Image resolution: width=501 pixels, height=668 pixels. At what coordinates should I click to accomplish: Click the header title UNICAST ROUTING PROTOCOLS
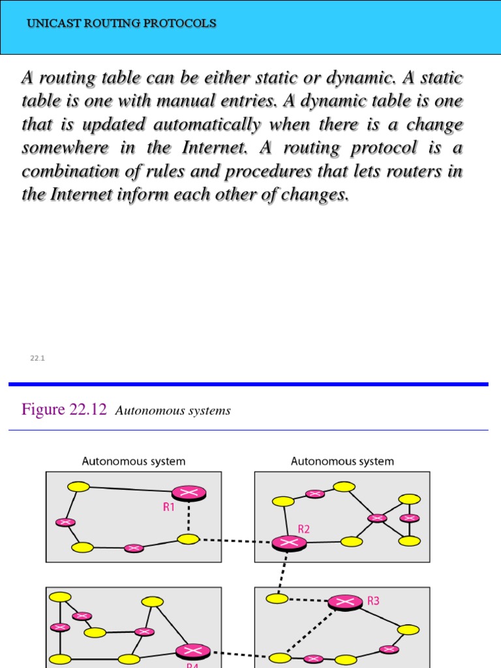point(121,23)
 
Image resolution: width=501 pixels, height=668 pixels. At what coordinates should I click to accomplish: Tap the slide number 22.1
point(37,358)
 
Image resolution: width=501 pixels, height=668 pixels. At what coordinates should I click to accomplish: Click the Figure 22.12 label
point(64,410)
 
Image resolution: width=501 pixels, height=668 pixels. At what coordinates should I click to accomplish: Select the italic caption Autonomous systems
point(173,411)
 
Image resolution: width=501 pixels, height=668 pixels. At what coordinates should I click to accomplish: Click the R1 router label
point(169,507)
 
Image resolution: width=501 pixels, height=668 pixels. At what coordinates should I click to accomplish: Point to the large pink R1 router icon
point(189,493)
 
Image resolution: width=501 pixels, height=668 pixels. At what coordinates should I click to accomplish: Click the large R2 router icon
point(289,542)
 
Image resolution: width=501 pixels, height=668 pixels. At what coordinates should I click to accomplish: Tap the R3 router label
point(373,601)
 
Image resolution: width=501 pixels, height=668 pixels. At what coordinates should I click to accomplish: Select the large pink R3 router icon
point(345,601)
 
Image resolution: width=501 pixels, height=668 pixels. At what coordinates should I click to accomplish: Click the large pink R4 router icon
point(193,650)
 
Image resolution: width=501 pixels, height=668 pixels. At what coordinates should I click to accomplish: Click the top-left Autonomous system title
point(133,461)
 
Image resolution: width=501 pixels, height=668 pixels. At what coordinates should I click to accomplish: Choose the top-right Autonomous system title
point(342,461)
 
